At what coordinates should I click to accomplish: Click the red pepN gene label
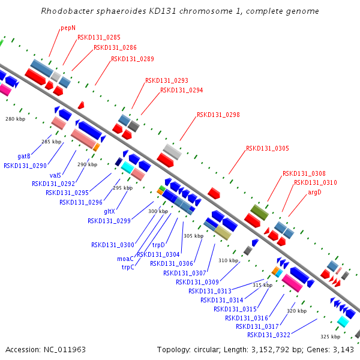click(x=68, y=28)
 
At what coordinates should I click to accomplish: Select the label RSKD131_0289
click(x=133, y=59)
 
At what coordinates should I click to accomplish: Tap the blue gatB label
click(x=24, y=157)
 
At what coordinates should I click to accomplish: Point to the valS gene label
click(x=55, y=175)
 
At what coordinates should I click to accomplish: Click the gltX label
click(x=109, y=211)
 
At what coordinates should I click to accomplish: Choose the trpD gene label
click(x=158, y=245)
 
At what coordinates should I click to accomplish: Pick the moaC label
click(x=125, y=259)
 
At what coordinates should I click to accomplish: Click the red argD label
click(x=314, y=193)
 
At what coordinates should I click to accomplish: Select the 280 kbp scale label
click(x=16, y=119)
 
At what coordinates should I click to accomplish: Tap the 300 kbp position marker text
click(x=158, y=211)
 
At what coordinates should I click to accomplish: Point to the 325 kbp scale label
click(x=331, y=337)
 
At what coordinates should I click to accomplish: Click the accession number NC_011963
click(x=65, y=350)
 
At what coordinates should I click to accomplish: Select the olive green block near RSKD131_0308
click(x=259, y=212)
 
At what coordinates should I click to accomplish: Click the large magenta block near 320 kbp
click(x=292, y=283)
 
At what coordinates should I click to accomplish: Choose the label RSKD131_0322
click(x=269, y=335)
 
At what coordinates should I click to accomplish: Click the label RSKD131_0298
click(x=218, y=115)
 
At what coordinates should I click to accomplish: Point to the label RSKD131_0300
click(x=113, y=245)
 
